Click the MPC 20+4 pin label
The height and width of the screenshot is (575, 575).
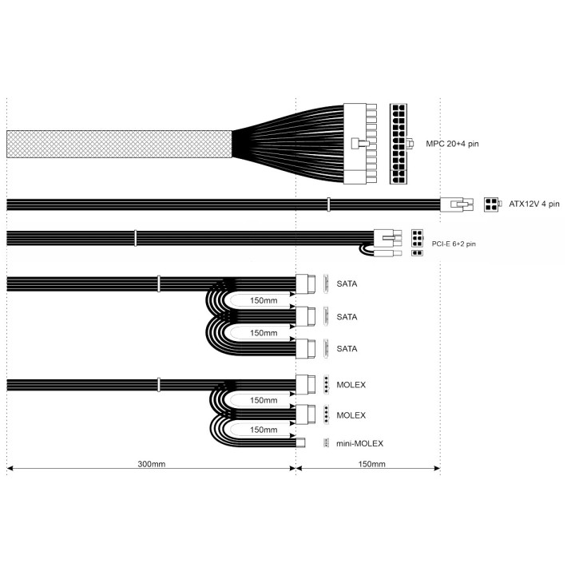pos(452,144)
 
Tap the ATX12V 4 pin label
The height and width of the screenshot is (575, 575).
pos(534,204)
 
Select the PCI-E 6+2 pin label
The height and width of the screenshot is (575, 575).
pos(454,244)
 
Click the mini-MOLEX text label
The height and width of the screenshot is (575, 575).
pos(359,443)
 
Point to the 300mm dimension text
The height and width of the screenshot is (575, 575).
pos(152,464)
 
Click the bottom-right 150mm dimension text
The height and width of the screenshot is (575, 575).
pos(371,464)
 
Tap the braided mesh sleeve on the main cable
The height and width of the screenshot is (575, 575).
pos(119,144)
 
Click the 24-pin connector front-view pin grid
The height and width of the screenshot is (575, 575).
pos(399,144)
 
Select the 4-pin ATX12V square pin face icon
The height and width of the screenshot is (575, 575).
pos(491,204)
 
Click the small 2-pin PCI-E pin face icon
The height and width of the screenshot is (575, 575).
pos(417,253)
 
